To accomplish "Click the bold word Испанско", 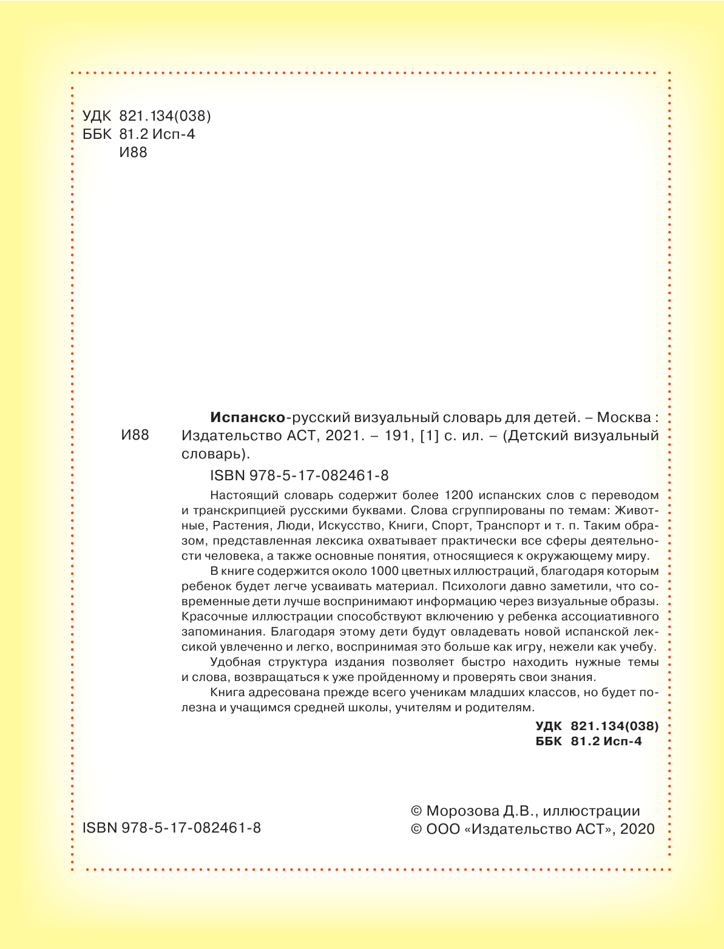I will click(247, 417).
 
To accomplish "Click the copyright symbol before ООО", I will click(416, 830).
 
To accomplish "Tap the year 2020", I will click(637, 830).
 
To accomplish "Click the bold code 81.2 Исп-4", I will click(606, 741).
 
